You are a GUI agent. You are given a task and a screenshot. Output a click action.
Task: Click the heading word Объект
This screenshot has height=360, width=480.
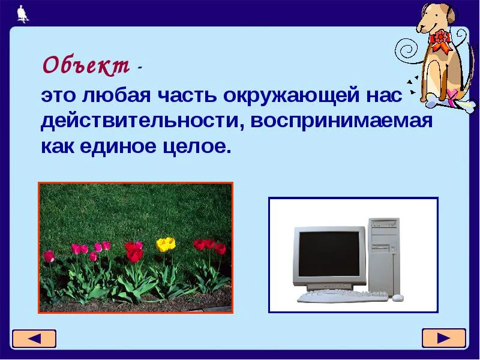[85, 65]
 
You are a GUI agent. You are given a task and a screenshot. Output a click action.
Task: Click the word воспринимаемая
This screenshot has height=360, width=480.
[342, 121]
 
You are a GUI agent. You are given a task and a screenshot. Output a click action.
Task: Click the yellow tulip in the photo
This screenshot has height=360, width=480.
[166, 244]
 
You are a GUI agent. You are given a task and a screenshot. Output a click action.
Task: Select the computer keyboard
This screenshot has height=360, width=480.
[343, 296]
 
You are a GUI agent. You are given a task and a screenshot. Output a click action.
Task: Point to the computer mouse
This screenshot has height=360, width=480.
[398, 297]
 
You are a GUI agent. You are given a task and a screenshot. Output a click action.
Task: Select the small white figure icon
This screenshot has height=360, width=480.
[23, 13]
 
